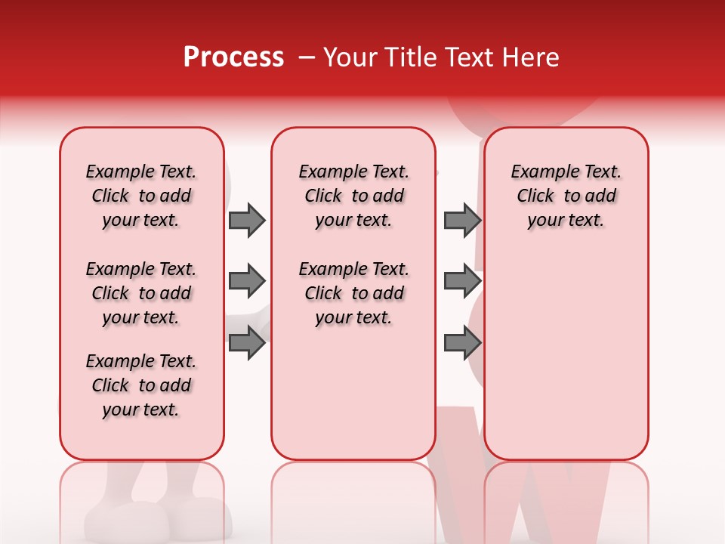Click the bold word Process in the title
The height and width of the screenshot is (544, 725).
233,57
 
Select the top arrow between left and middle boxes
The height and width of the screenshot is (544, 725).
247,220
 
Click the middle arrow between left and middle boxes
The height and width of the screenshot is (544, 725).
247,281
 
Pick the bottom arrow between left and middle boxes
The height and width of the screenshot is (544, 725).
247,343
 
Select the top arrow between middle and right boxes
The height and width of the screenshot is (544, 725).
462,220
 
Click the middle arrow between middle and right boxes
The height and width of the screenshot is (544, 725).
462,281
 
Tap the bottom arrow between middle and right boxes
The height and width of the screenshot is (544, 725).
462,343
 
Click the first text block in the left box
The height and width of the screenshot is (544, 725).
141,196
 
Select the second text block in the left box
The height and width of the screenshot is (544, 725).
141,293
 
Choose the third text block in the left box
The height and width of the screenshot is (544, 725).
141,385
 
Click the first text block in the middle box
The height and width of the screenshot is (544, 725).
353,196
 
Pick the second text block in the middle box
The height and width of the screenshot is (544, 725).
353,293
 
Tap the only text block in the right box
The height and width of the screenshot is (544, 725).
566,196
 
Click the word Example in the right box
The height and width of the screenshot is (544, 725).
539,172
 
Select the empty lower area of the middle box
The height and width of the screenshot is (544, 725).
353,393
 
